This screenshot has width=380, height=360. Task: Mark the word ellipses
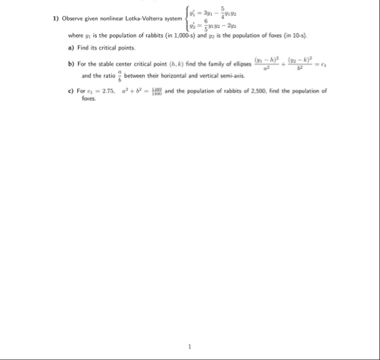[231, 64]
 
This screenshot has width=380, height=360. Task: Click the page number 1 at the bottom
[189, 345]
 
